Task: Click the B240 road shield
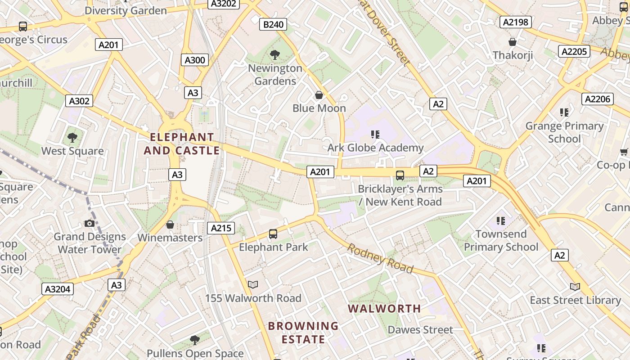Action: (x=273, y=24)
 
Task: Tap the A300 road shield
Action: (x=195, y=60)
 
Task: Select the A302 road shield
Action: (x=79, y=101)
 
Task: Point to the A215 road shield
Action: (x=221, y=228)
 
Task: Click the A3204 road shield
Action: (x=58, y=289)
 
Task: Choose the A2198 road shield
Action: (x=516, y=22)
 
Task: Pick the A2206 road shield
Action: (x=598, y=99)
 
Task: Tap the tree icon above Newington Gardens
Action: (x=274, y=55)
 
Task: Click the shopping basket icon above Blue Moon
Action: (x=319, y=95)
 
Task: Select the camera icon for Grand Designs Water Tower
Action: (x=89, y=224)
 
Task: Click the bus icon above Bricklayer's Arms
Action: (x=400, y=175)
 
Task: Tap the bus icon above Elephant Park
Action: (x=273, y=234)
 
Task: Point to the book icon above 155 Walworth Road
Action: (x=253, y=285)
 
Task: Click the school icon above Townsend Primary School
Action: (x=501, y=220)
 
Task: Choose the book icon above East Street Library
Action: (x=575, y=287)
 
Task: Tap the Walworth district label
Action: (x=384, y=309)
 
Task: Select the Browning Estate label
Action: (x=303, y=333)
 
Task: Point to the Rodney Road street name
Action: (x=380, y=259)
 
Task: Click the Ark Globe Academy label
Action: (x=375, y=148)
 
